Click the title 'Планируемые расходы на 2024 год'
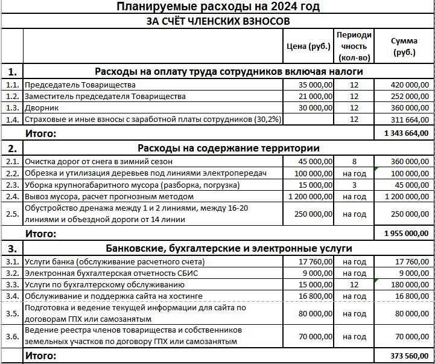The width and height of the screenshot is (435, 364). pyautogui.click(x=217, y=7)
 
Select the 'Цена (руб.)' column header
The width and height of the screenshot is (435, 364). pyautogui.click(x=310, y=46)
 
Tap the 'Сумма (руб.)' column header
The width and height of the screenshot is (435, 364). pyautogui.click(x=404, y=46)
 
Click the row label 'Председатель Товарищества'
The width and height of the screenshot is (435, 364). pyautogui.click(x=80, y=85)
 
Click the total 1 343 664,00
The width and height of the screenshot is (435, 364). pyautogui.click(x=405, y=133)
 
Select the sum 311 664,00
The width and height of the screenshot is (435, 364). pyautogui.click(x=409, y=120)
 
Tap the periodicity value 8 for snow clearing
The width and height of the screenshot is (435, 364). pyautogui.click(x=354, y=162)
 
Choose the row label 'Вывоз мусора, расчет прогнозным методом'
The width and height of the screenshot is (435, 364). pyautogui.click(x=109, y=196)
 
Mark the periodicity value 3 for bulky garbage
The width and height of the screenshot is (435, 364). pyautogui.click(x=354, y=185)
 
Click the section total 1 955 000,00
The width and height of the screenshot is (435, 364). pyautogui.click(x=405, y=233)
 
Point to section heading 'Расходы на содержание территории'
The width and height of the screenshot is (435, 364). pyautogui.click(x=229, y=148)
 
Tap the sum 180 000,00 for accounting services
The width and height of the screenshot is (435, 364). pyautogui.click(x=409, y=285)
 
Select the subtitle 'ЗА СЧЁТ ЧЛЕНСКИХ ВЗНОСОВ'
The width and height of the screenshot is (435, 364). pyautogui.click(x=218, y=21)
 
